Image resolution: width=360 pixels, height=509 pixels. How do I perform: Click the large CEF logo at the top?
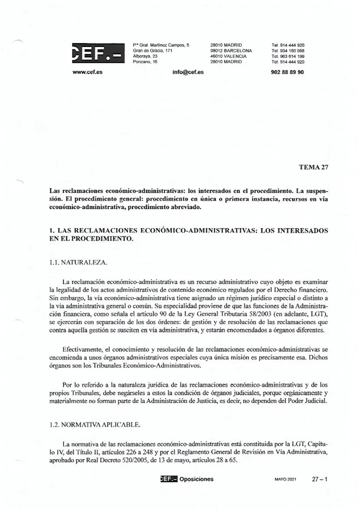[98, 53]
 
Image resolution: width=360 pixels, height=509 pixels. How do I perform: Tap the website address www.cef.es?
[88, 72]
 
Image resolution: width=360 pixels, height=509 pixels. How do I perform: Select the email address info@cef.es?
[188, 72]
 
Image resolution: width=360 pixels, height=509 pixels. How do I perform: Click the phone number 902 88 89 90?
[288, 72]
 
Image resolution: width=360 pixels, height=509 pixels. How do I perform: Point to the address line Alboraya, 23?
[145, 56]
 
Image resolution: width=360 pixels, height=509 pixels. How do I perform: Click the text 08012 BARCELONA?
[231, 51]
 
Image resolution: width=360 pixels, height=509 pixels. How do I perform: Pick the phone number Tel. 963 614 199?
[288, 56]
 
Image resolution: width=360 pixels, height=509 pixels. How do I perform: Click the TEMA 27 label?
[313, 167]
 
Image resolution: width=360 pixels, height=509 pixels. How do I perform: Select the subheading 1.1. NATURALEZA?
[78, 263]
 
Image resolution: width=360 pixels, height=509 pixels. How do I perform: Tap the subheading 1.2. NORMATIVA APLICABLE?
[95, 425]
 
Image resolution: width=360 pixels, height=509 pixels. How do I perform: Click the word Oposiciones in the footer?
[196, 479]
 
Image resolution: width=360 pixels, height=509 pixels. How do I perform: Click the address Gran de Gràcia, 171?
[152, 51]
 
